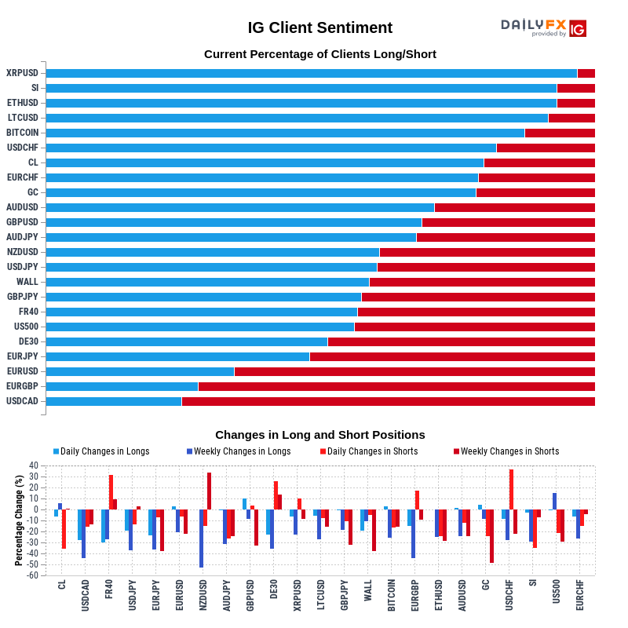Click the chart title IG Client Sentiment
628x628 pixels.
[x=319, y=27]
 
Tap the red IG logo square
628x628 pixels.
[x=578, y=28]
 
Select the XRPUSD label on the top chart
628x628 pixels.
[x=23, y=73]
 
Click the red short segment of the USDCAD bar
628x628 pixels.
[x=388, y=401]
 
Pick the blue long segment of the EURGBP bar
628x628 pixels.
[x=122, y=386]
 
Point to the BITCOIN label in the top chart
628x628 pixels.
[x=23, y=133]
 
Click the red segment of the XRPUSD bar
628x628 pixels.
[x=586, y=73]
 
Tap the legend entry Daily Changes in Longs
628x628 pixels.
[x=101, y=451]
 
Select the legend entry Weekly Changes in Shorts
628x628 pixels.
[x=506, y=451]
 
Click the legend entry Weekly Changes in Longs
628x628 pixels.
[x=239, y=451]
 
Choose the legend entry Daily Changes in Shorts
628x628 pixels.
[x=369, y=451]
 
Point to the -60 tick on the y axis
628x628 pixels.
[x=33, y=575]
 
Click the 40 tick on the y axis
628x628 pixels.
[x=34, y=466]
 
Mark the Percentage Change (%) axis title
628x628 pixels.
[x=18, y=520]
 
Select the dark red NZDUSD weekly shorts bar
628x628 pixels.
[x=209, y=491]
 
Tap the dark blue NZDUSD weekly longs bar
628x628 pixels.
[x=201, y=539]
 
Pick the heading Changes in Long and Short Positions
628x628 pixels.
[x=320, y=435]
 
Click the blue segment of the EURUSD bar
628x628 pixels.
[x=141, y=371]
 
